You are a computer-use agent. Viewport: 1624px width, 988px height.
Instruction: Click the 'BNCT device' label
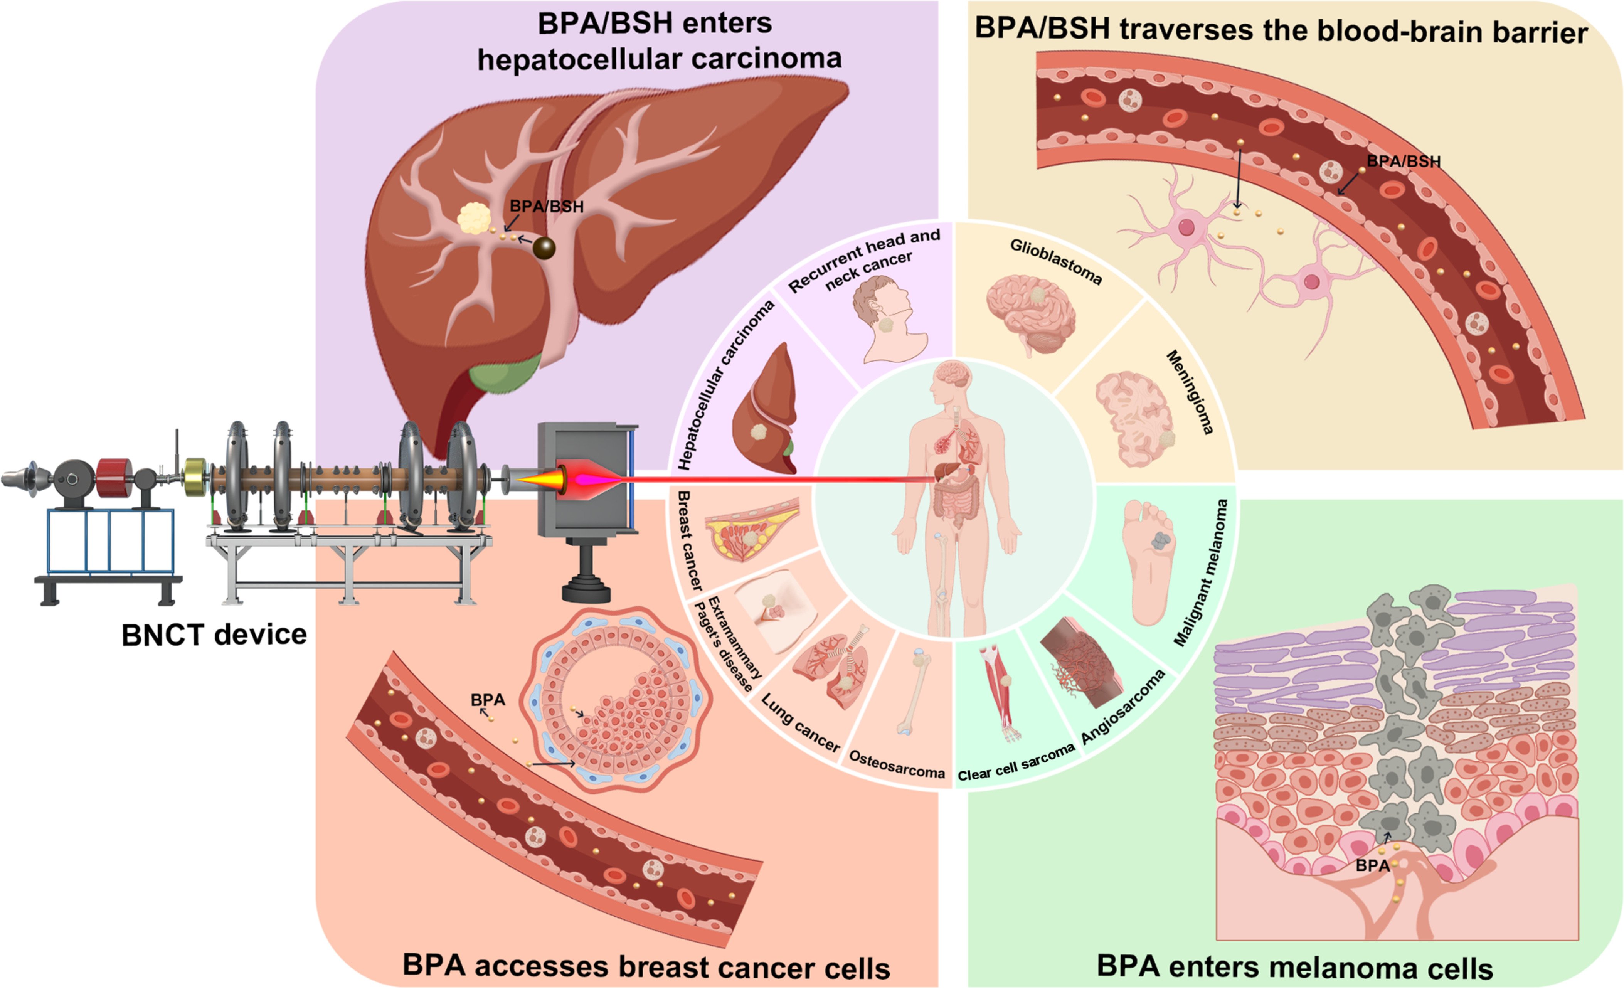tap(214, 635)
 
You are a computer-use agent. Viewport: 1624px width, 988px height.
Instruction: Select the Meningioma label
tap(1190, 392)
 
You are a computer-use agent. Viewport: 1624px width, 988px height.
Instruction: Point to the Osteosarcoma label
tap(896, 764)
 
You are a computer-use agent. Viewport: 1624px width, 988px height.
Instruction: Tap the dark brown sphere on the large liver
tap(544, 248)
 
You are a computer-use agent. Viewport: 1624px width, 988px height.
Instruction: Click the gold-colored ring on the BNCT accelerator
tap(195, 476)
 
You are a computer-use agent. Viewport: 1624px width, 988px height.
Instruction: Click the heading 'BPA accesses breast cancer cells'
tap(646, 966)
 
